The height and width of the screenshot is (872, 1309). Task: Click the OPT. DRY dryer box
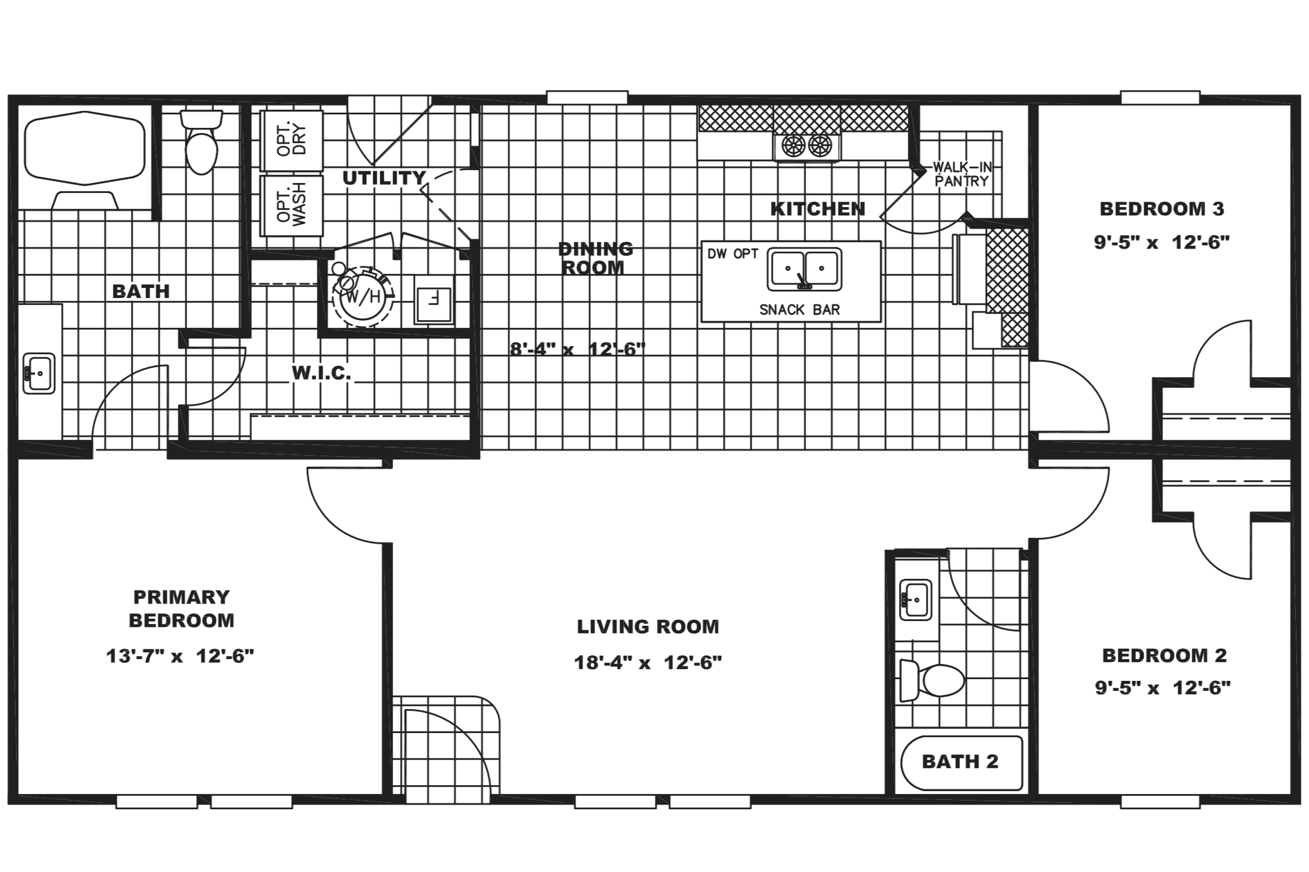click(292, 141)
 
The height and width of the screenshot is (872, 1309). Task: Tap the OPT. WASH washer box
click(292, 205)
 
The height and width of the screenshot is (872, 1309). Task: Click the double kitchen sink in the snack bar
click(804, 269)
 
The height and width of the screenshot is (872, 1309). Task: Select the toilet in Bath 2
click(931, 680)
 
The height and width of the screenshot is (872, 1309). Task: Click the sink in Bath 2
click(915, 599)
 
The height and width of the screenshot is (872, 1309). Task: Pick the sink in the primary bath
click(39, 373)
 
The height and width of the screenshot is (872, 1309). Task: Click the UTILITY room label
click(384, 178)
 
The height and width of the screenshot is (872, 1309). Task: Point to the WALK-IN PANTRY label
click(962, 174)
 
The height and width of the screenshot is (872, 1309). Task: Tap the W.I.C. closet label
click(322, 372)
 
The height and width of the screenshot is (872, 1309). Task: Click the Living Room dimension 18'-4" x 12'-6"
click(648, 663)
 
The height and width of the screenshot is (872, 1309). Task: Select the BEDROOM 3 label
click(1162, 209)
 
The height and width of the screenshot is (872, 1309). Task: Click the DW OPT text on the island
click(733, 254)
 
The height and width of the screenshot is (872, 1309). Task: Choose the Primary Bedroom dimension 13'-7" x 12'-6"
click(180, 656)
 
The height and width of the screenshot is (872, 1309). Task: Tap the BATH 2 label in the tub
click(960, 761)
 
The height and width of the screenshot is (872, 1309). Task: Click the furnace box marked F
click(434, 298)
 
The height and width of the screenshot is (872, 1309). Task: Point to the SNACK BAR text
click(800, 310)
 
